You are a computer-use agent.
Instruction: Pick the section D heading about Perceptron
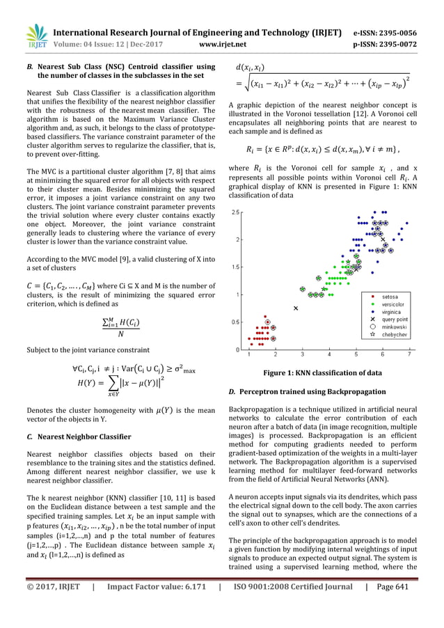click(x=312, y=392)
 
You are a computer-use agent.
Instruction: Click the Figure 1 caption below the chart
click(x=322, y=372)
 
